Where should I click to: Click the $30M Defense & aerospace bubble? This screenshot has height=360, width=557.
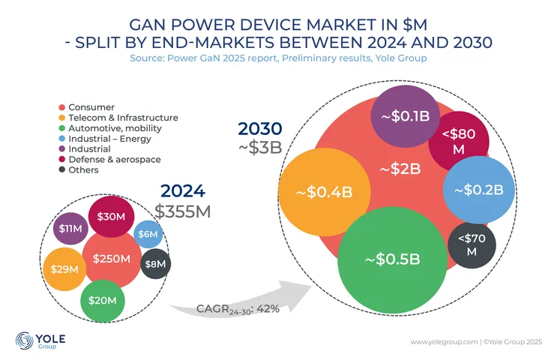111,216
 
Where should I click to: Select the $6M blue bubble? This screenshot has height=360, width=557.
146,235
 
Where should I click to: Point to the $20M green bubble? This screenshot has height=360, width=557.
102,300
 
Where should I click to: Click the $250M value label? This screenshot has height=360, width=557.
111,259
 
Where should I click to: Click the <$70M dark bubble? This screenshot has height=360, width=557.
472,245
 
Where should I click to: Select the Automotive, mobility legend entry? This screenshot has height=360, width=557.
109,128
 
